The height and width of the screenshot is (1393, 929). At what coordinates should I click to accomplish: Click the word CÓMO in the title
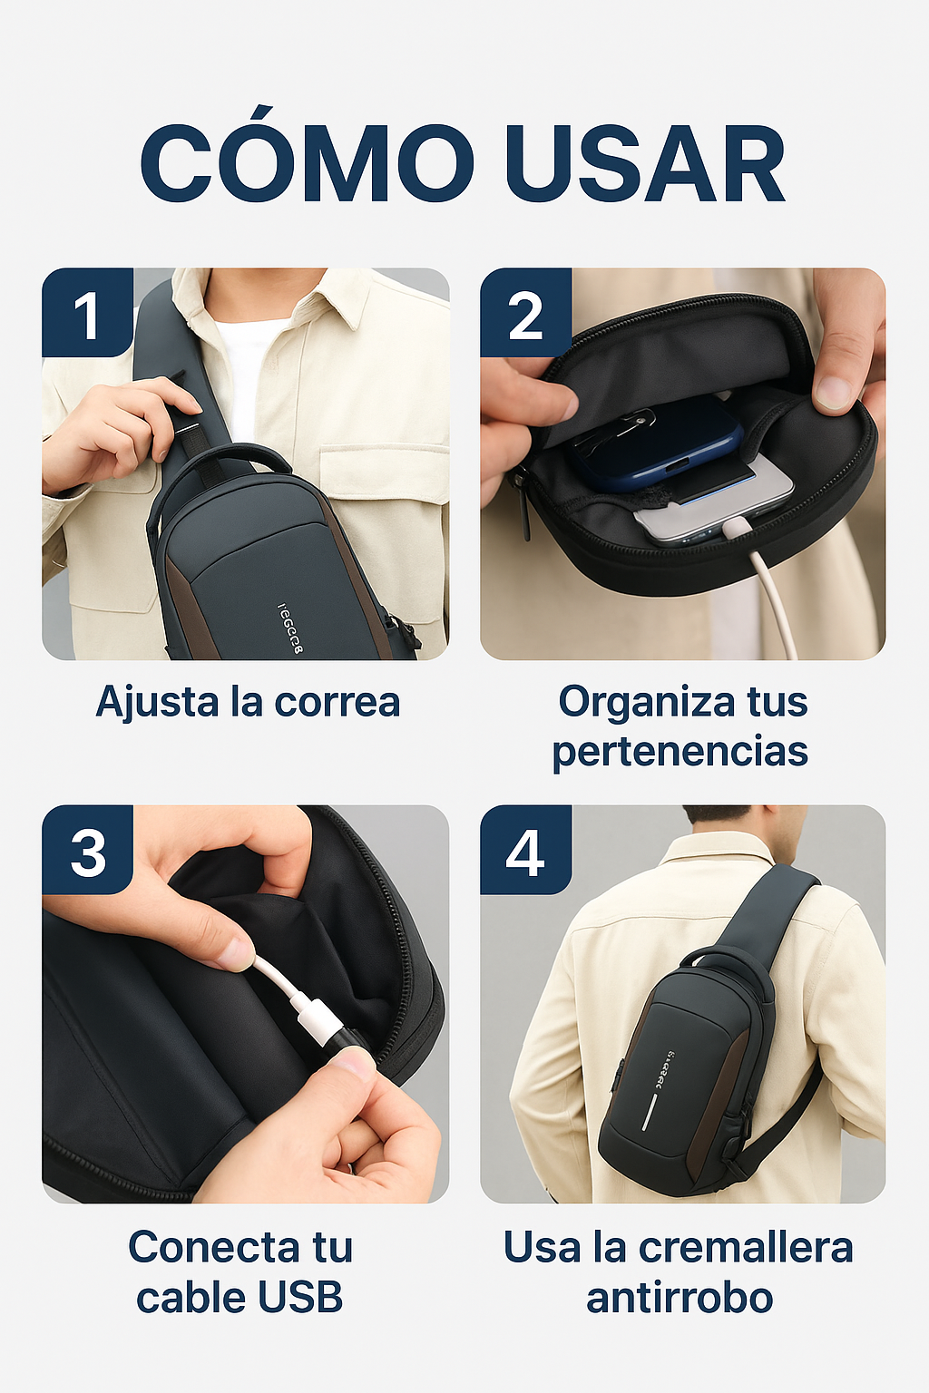click(307, 163)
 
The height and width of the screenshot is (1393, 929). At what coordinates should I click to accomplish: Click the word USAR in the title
click(645, 163)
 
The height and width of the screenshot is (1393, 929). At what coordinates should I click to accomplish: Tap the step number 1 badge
click(87, 314)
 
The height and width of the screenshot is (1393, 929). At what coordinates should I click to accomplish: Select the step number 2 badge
click(525, 314)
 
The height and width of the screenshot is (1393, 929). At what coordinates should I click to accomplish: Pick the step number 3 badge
click(87, 851)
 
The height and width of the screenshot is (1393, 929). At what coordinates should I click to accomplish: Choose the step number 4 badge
click(525, 851)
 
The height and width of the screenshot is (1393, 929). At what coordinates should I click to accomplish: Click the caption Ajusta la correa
click(248, 702)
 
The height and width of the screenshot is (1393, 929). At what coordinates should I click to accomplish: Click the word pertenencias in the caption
click(680, 752)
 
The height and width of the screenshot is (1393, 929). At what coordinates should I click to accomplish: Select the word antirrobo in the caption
click(680, 1297)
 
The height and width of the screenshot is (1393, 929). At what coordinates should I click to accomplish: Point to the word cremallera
click(746, 1247)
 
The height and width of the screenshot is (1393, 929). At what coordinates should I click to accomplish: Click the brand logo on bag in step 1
click(288, 627)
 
